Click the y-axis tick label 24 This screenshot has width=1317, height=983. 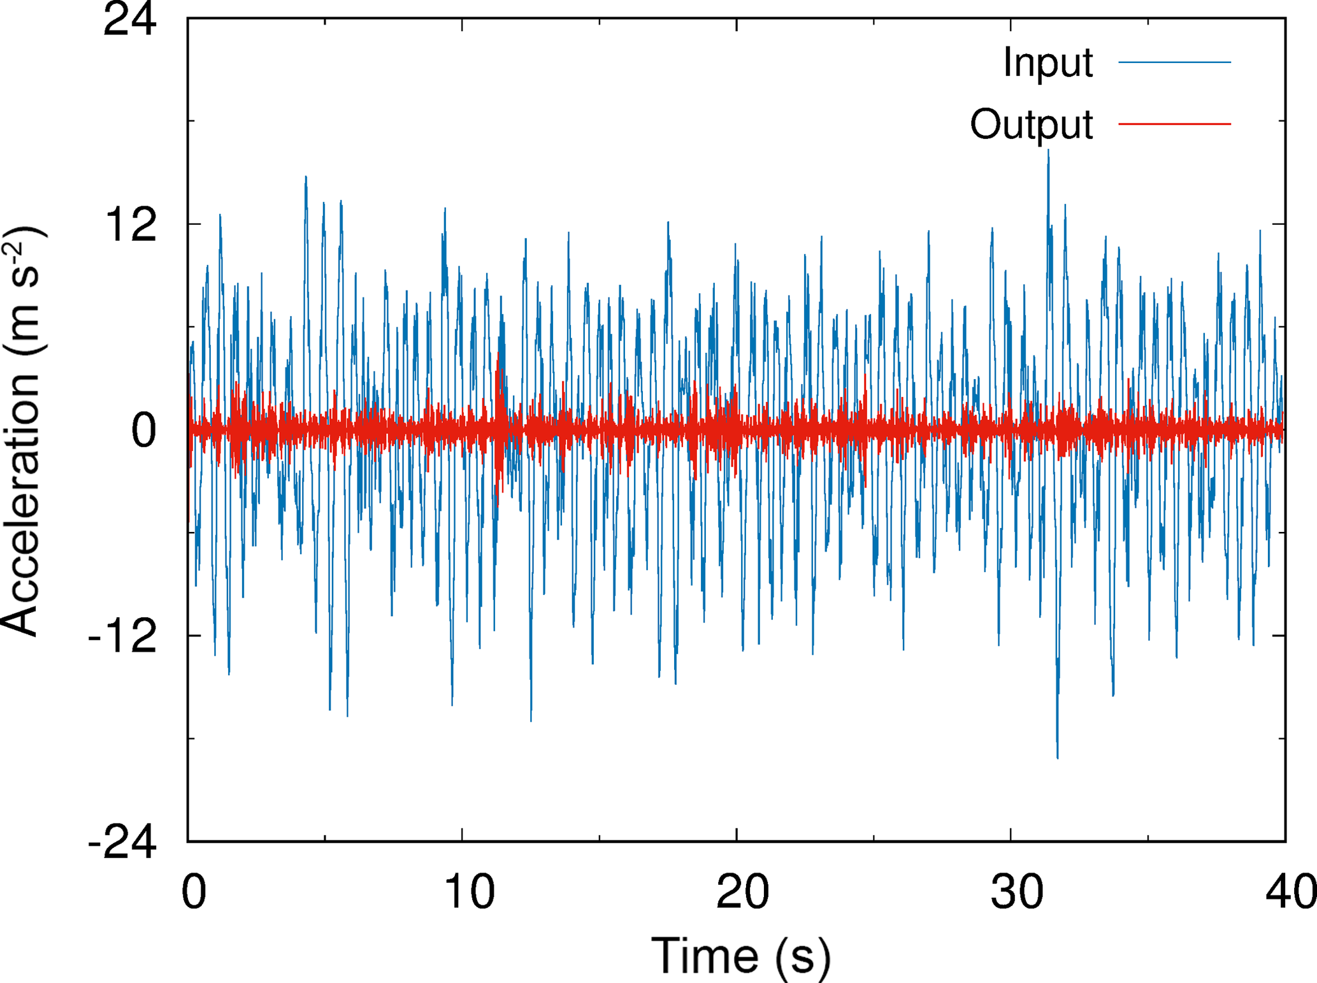click(129, 20)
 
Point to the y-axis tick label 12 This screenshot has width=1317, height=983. click(131, 225)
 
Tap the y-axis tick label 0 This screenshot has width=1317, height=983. click(143, 431)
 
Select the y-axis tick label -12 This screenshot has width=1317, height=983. click(122, 636)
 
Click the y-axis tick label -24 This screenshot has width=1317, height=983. click(122, 842)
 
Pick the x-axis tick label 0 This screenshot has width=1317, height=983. click(194, 892)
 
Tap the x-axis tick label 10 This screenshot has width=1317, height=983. click(469, 892)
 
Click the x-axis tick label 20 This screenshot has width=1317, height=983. click(742, 892)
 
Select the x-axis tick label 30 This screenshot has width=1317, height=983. click(1017, 892)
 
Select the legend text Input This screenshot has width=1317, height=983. click(1047, 62)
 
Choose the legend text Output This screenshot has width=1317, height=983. click(1031, 124)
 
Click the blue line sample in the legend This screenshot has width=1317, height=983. click(1174, 62)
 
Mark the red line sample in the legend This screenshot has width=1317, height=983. click(1174, 124)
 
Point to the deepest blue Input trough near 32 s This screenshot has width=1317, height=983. click(1058, 757)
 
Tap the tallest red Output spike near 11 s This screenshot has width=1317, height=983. click(498, 354)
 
